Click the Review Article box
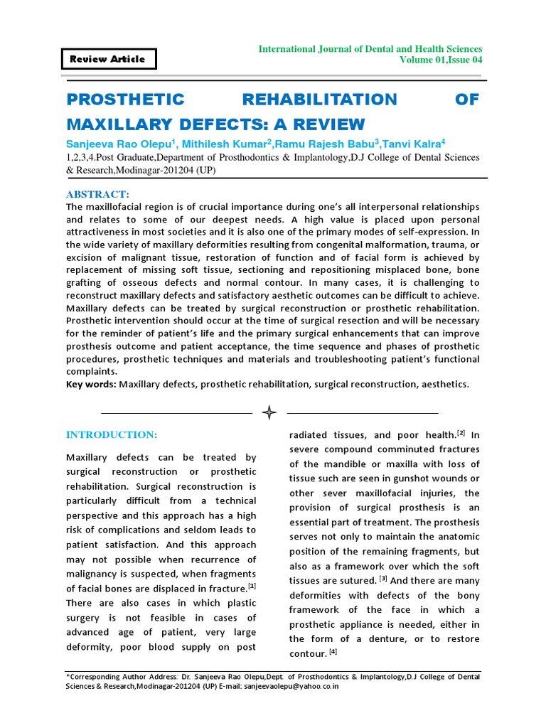(107, 59)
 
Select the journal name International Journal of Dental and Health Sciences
(370, 48)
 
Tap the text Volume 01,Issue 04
(441, 60)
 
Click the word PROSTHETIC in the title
(125, 100)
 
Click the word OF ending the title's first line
(467, 100)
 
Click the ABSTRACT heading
(98, 194)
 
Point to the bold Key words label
(91, 384)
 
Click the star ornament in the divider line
(269, 412)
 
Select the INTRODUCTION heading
(112, 434)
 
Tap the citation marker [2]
(461, 433)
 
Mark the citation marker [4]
(333, 651)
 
